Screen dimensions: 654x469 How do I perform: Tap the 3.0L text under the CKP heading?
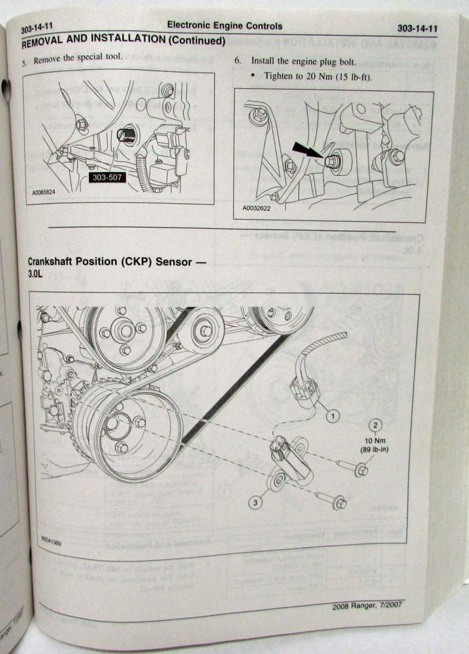(x=35, y=276)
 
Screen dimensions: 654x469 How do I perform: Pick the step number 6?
(x=237, y=60)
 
